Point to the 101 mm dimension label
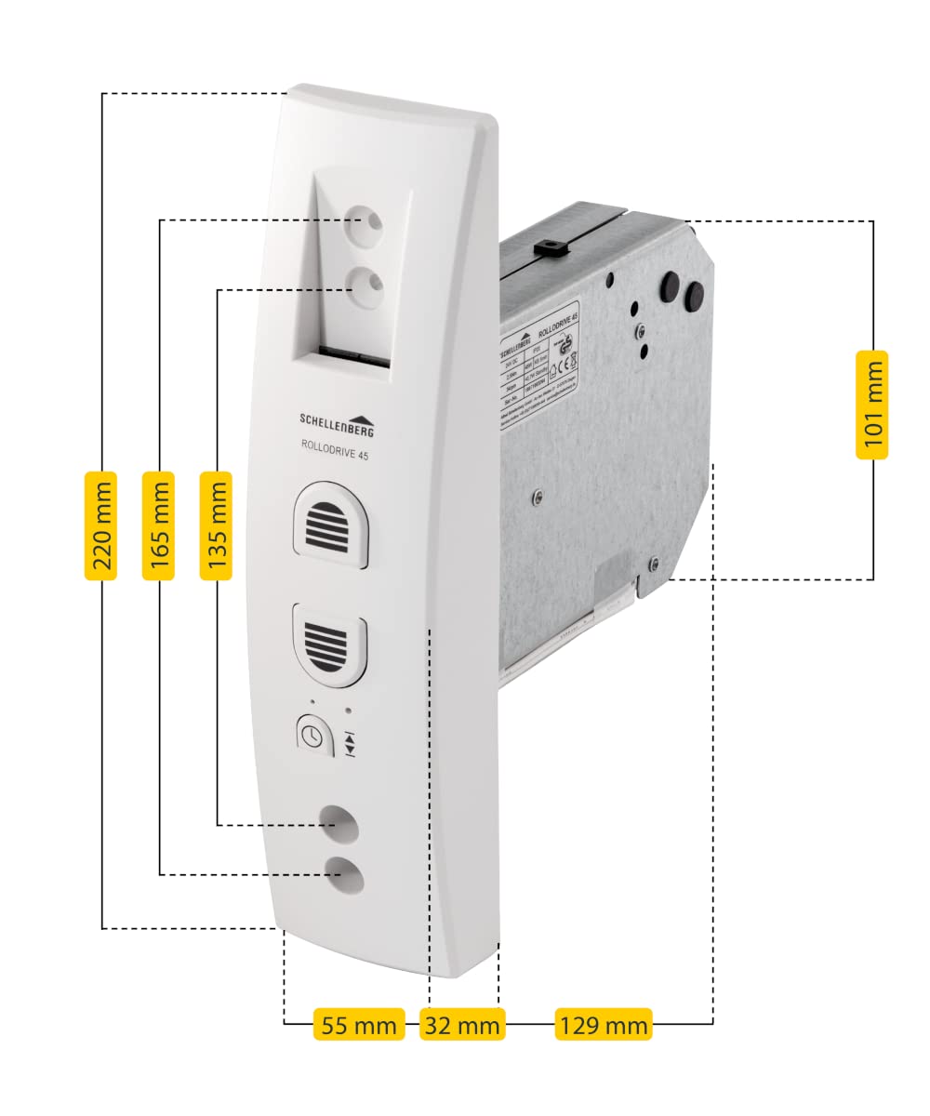coord(871,405)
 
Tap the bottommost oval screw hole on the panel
coord(343,873)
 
